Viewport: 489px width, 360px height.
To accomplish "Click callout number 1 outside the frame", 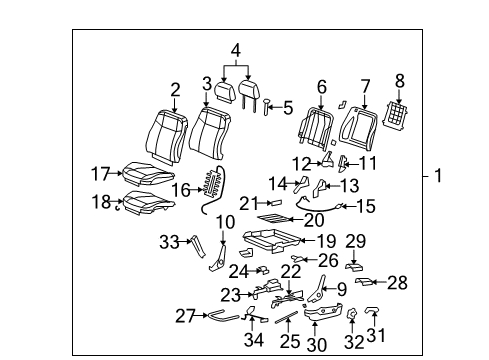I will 437,177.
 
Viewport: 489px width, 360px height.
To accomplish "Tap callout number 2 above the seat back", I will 174,90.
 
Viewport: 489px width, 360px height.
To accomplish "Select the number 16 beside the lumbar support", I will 181,187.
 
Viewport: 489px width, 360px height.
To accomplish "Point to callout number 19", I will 326,240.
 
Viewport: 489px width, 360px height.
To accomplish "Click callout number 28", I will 397,283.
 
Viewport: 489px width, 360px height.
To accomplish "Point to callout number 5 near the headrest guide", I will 288,106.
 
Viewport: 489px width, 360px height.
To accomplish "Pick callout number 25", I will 289,342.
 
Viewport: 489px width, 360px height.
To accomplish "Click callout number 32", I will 352,341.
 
